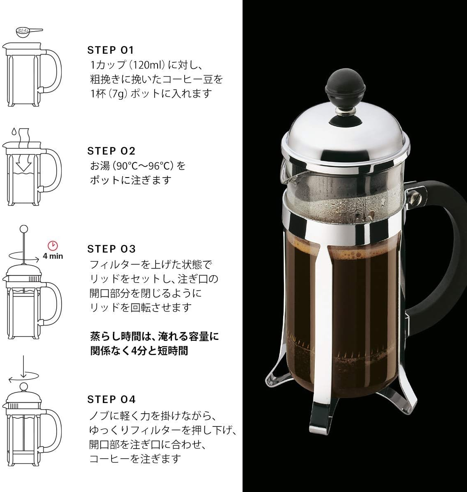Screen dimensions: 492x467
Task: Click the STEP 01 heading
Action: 110,50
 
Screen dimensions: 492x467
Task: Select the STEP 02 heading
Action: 111,151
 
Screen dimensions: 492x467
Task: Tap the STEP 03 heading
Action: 111,249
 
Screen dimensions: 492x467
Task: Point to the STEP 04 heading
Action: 111,399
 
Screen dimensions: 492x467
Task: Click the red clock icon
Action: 53,246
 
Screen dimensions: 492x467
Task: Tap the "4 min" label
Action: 53,256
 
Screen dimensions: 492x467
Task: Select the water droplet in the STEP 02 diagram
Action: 14,132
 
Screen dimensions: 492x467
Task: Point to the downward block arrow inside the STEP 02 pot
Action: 23,164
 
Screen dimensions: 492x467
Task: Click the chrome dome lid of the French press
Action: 345,131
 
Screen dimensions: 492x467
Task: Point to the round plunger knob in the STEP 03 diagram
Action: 23,229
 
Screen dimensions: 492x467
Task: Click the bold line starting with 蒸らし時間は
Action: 154,337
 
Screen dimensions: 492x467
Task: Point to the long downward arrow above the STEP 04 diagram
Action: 23,365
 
